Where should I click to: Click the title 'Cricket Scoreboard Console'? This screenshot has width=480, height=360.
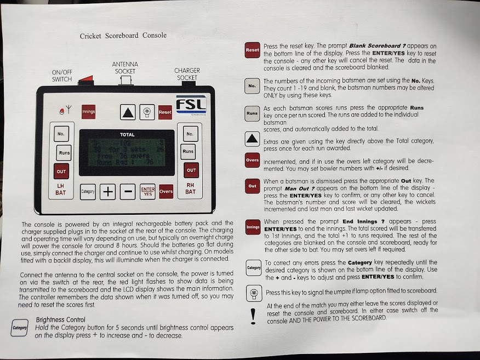[123, 36]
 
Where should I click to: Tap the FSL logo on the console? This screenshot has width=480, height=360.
[190, 105]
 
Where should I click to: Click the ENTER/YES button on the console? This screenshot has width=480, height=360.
[147, 191]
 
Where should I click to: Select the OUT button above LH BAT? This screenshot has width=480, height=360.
[61, 171]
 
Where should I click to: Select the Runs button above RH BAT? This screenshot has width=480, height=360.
[188, 151]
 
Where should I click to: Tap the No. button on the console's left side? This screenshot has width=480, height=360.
[61, 133]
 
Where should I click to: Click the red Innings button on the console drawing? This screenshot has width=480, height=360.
[88, 112]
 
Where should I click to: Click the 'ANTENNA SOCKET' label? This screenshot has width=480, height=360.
[125, 68]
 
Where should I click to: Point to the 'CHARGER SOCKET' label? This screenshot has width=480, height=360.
[187, 74]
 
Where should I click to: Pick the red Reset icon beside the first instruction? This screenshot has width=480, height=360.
[252, 50]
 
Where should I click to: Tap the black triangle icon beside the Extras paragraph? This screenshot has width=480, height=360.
[252, 139]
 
